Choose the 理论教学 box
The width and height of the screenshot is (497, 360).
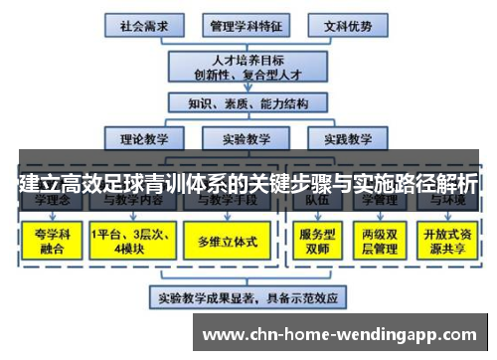(x=141, y=139)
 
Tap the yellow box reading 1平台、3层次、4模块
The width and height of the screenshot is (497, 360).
(x=128, y=239)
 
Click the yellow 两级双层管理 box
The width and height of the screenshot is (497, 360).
(x=381, y=239)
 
